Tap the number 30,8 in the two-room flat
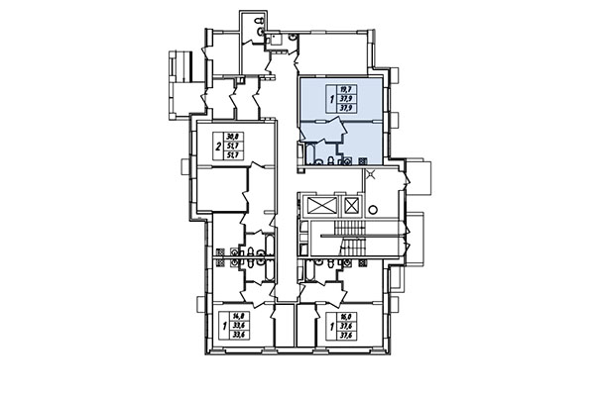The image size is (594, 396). point(232,137)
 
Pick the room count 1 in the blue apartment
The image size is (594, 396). point(331,99)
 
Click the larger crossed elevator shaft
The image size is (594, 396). point(322,205)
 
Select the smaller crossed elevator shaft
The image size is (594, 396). point(351,205)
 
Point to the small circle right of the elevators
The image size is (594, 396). point(373,209)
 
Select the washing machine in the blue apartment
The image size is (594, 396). point(349,158)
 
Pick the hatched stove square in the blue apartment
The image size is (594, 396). point(363,159)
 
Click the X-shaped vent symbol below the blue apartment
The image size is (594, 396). point(371,175)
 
